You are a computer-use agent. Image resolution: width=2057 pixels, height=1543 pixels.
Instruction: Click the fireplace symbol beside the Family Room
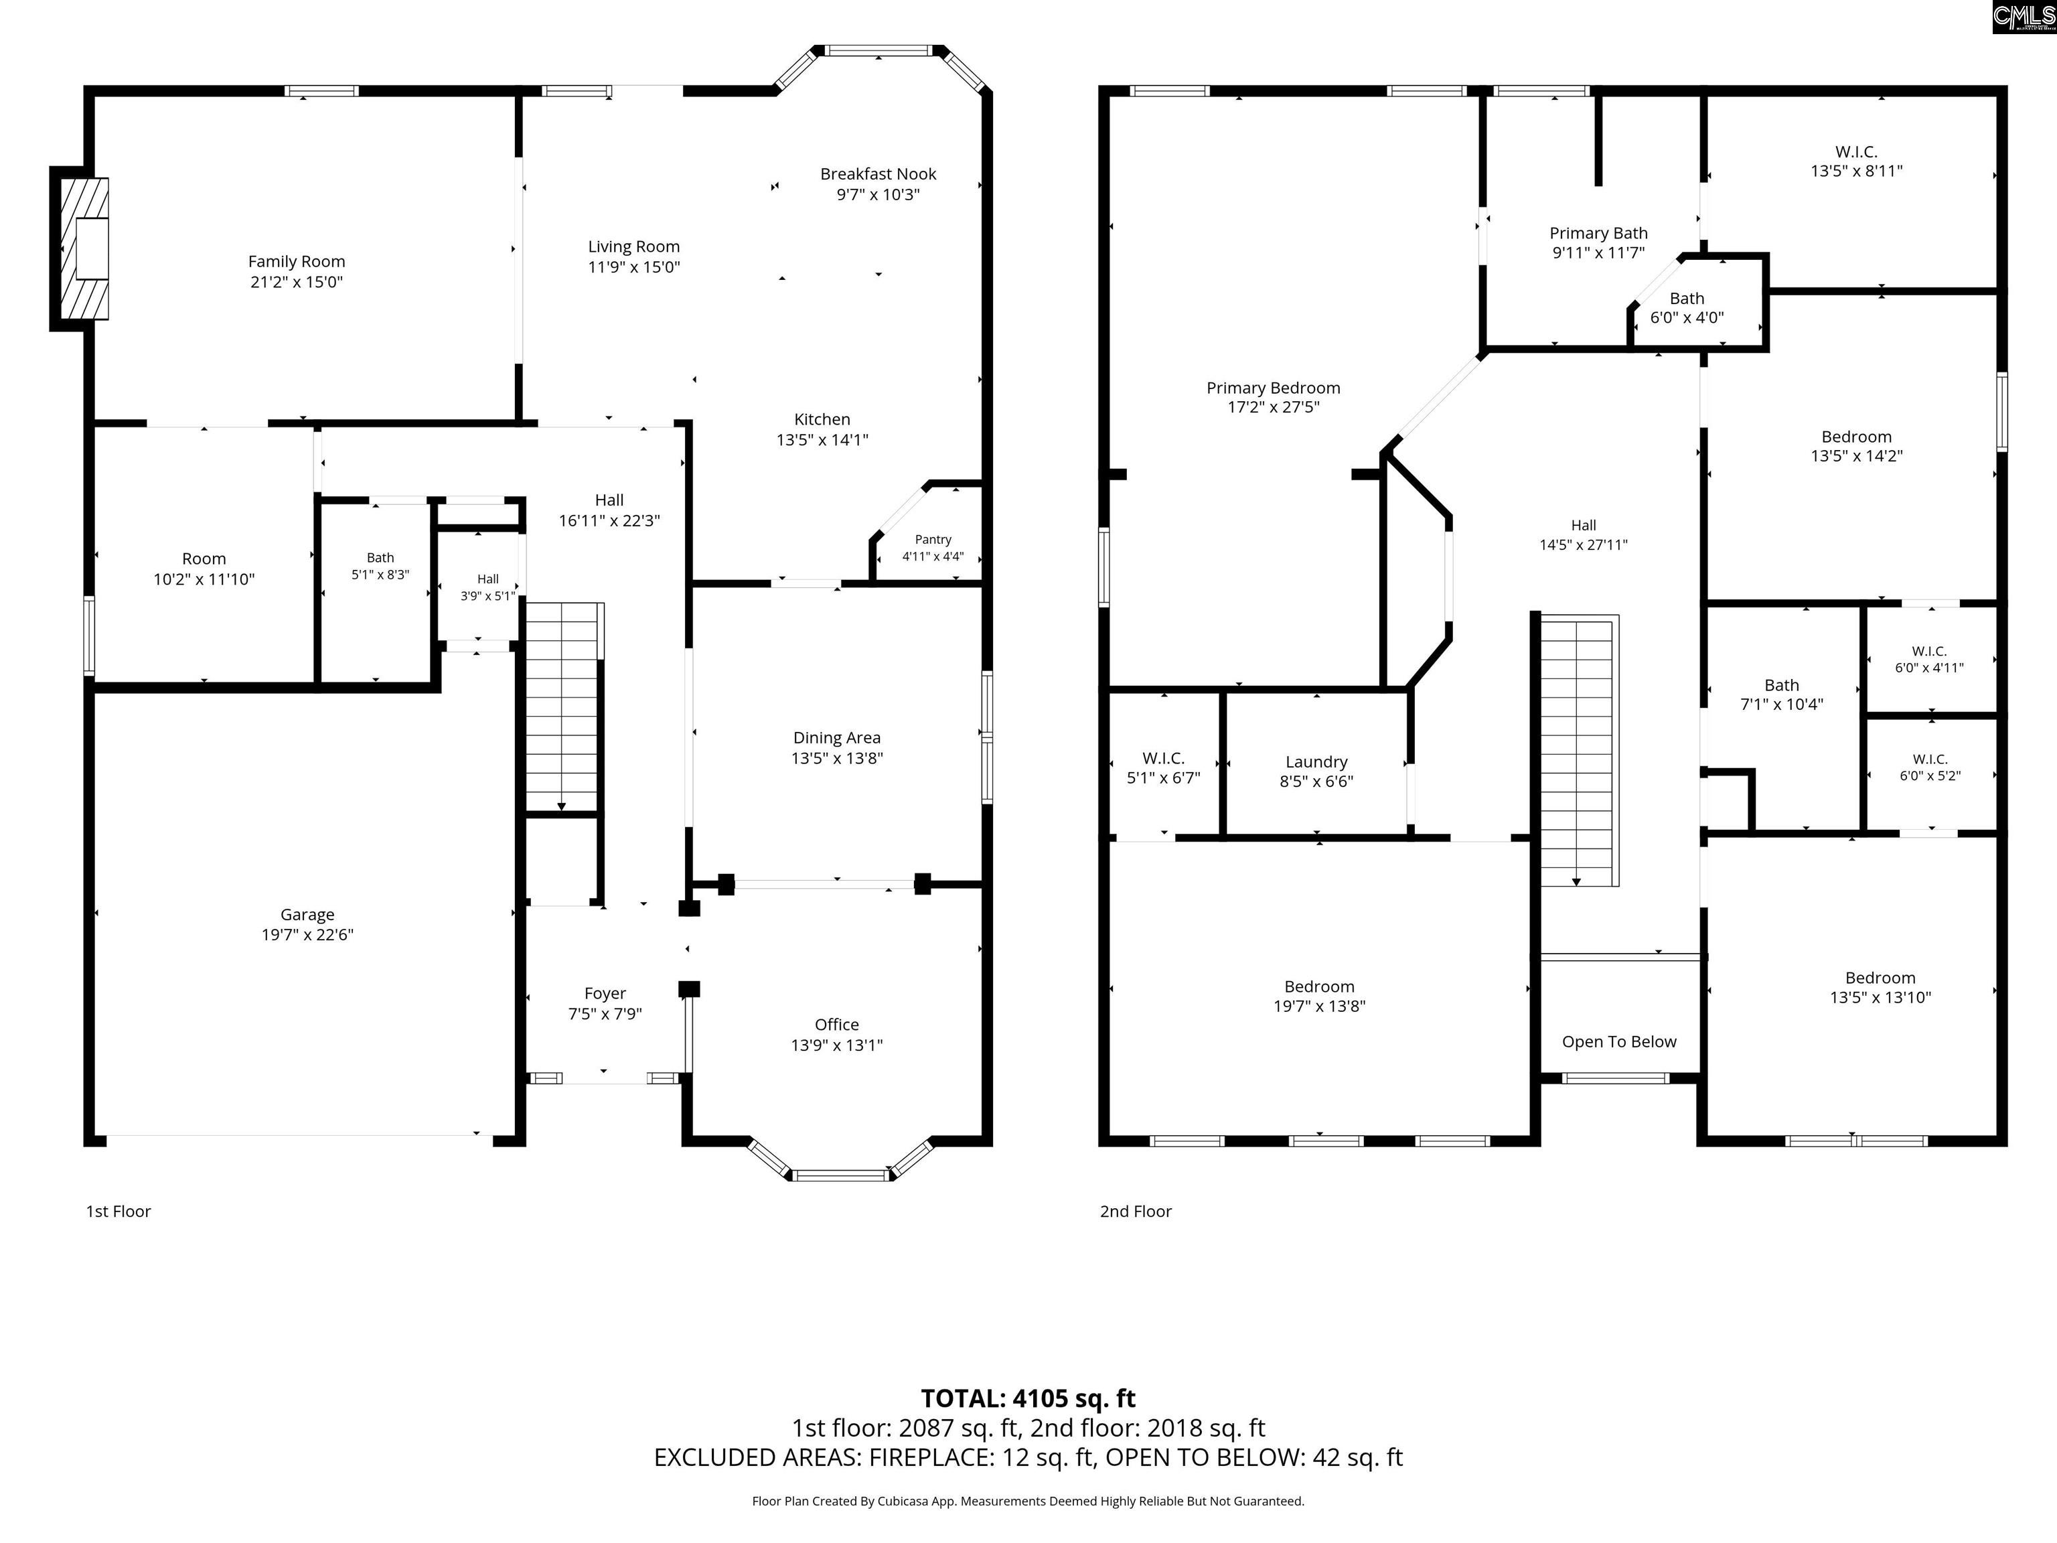point(84,248)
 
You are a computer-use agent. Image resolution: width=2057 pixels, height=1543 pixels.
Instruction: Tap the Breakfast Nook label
point(878,174)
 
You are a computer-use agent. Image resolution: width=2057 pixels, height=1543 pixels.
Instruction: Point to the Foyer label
point(605,993)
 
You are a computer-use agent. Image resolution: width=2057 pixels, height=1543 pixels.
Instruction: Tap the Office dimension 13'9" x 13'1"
point(837,1045)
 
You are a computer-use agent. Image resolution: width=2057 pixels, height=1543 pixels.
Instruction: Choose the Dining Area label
point(837,737)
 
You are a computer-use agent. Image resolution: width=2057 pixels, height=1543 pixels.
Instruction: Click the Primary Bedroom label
point(1273,388)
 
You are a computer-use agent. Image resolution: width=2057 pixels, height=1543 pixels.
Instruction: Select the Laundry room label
point(1316,761)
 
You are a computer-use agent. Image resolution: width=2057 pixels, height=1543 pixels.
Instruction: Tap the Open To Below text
point(1619,1041)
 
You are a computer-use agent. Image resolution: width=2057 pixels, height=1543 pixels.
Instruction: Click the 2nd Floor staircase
point(1579,749)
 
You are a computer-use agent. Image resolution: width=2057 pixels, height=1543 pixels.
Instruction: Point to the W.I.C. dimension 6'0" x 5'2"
point(1930,776)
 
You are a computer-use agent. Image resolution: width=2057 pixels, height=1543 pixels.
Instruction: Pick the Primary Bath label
point(1598,234)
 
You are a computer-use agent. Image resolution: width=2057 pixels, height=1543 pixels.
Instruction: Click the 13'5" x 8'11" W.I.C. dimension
point(1856,171)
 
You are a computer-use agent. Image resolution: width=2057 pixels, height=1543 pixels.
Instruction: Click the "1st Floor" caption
point(118,1211)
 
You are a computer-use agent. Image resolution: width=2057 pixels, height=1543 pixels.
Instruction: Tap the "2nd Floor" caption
point(1136,1211)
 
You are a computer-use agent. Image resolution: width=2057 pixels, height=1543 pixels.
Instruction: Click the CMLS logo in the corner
point(2023,17)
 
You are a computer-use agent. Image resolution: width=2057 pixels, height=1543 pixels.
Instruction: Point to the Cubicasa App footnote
point(1028,1500)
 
